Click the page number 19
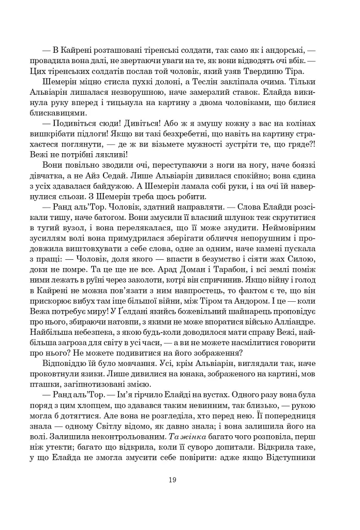(x=172, y=479)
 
